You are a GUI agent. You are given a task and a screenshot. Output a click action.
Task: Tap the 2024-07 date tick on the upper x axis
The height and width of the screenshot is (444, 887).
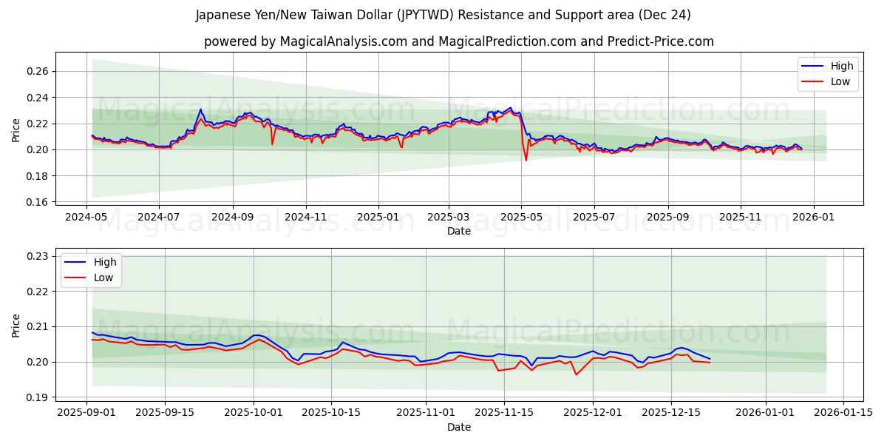[160, 217]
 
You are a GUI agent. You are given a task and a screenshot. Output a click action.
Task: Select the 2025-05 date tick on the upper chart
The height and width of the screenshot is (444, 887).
[521, 217]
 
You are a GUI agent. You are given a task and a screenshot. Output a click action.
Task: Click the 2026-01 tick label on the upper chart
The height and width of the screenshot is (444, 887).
[814, 217]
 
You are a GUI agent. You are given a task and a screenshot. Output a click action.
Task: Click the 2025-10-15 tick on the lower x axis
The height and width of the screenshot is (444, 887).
[332, 412]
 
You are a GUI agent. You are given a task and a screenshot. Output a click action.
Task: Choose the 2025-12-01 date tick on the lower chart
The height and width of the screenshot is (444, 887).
[592, 412]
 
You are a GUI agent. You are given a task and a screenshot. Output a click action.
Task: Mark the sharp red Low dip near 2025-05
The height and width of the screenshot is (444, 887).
[526, 160]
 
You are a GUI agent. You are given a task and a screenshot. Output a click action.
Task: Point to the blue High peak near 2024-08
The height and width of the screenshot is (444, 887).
[200, 110]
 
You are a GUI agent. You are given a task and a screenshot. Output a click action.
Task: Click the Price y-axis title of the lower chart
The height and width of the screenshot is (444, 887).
[16, 325]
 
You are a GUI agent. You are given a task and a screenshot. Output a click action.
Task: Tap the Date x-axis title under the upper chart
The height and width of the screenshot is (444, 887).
[458, 231]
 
